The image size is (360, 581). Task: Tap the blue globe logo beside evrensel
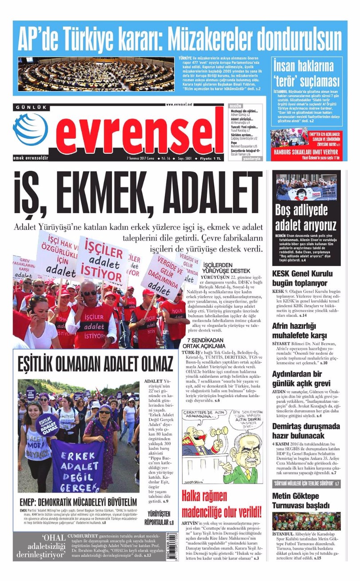point(30,129)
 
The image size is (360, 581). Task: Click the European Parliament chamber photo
point(96,74)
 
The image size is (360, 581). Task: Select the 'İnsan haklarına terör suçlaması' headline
point(306,74)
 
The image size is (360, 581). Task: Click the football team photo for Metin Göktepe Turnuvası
point(306,521)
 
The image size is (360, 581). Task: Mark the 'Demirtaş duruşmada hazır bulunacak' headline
point(305,431)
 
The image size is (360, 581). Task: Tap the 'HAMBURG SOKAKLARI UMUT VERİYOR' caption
point(305,152)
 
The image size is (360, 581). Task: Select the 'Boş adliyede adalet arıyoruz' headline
point(306,217)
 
